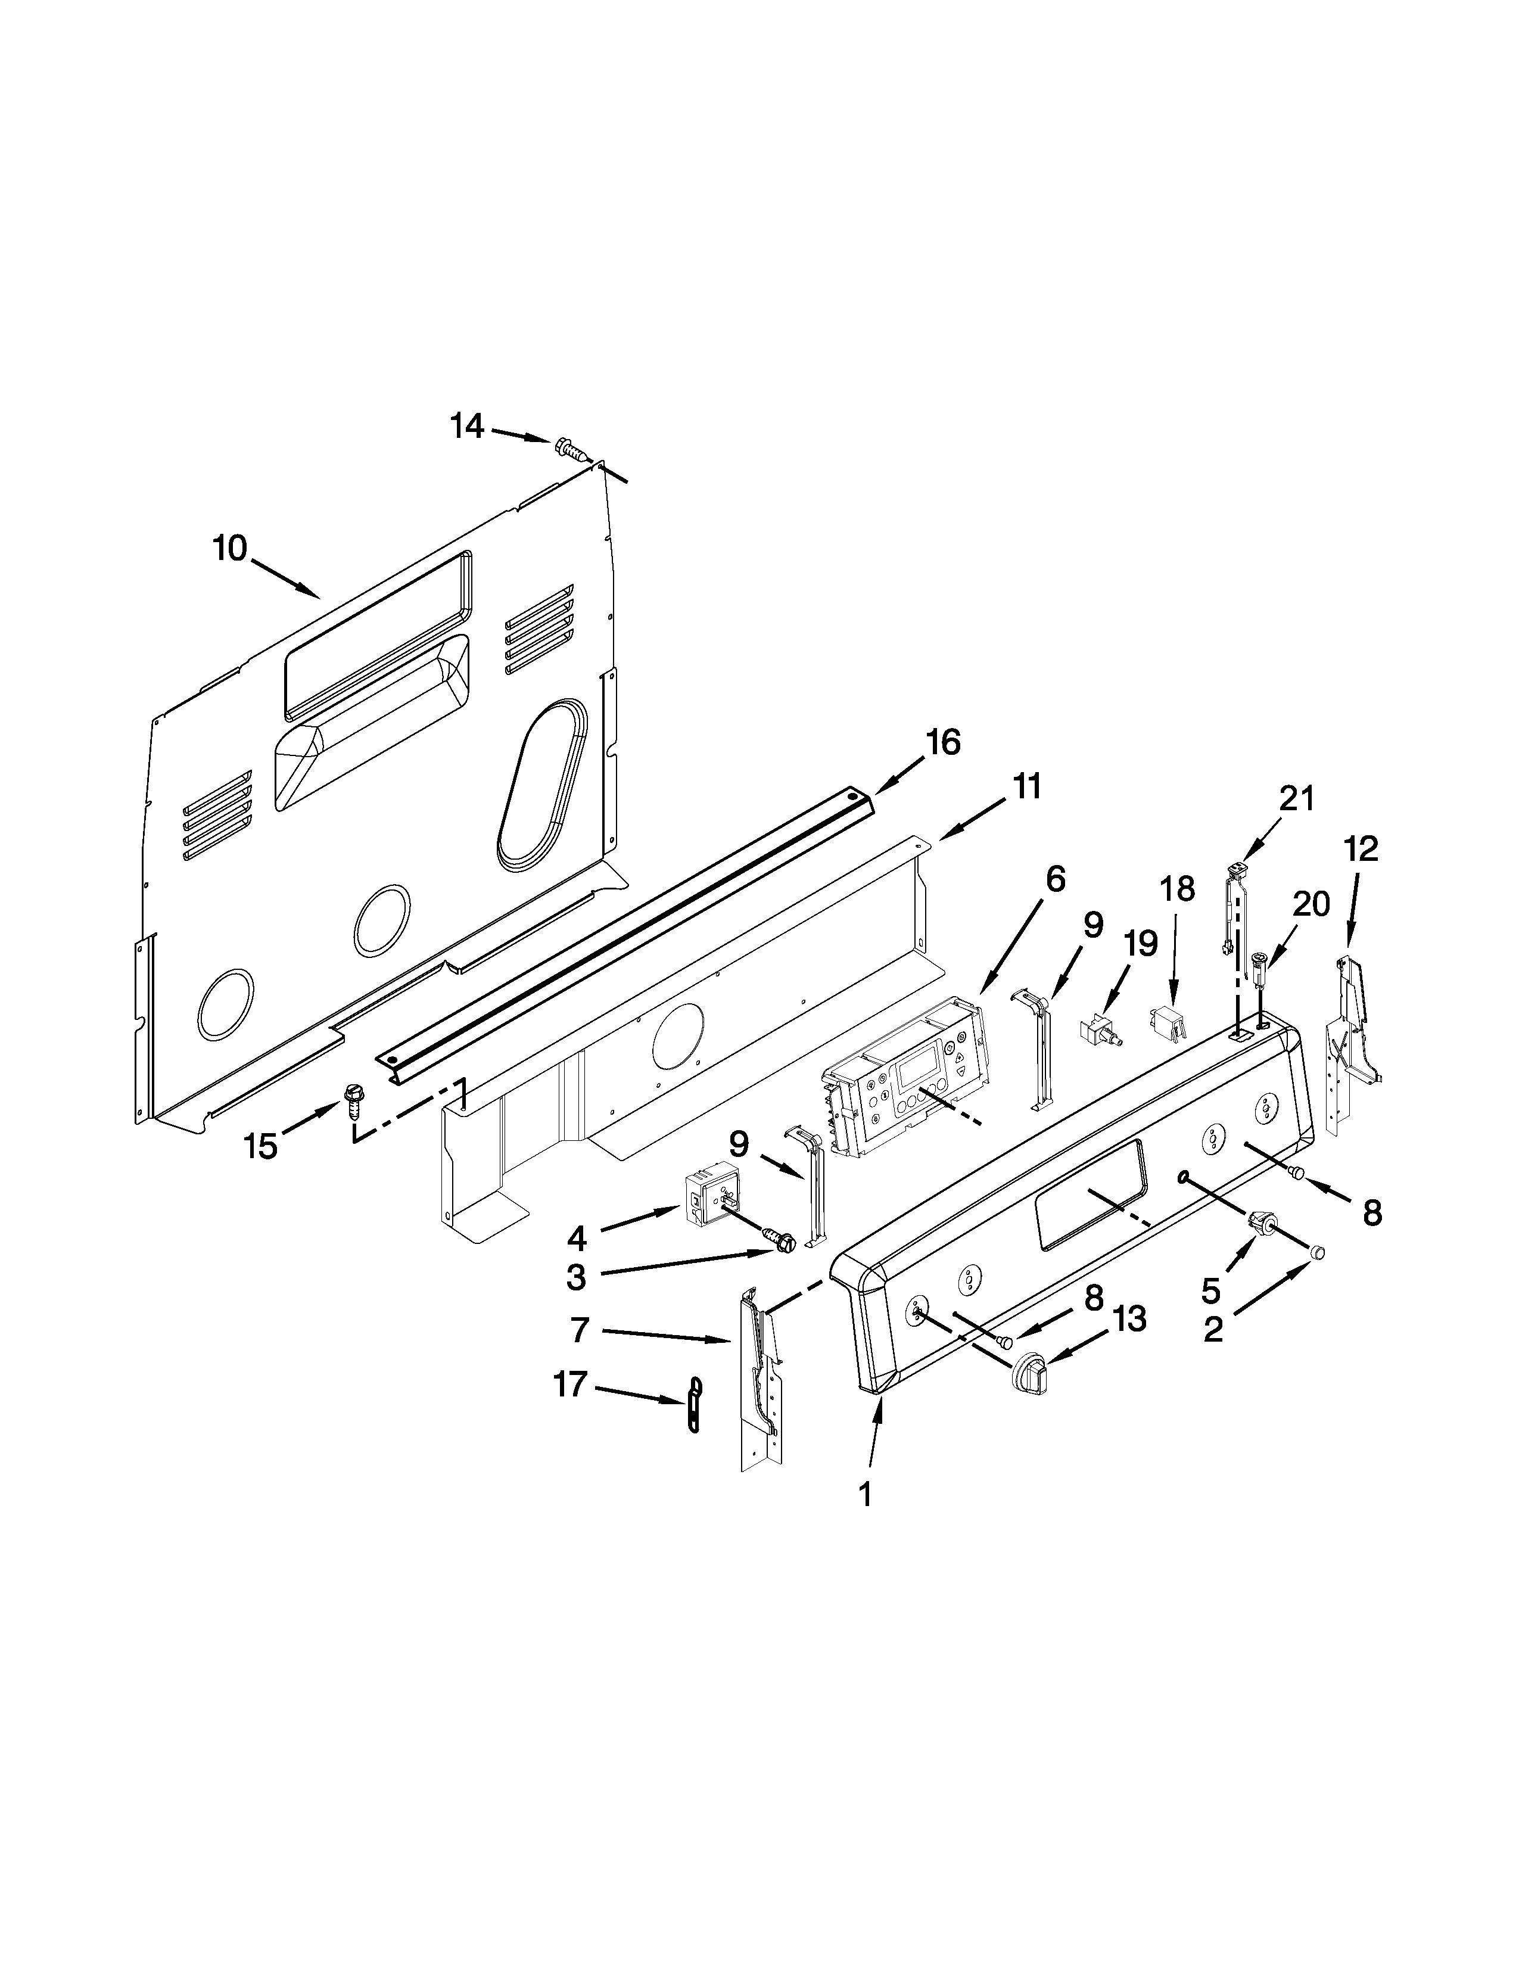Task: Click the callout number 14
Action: click(x=467, y=426)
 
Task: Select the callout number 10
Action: click(x=231, y=548)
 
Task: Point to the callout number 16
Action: click(x=943, y=743)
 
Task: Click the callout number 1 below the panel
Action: click(x=865, y=1495)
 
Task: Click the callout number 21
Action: click(x=1297, y=798)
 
